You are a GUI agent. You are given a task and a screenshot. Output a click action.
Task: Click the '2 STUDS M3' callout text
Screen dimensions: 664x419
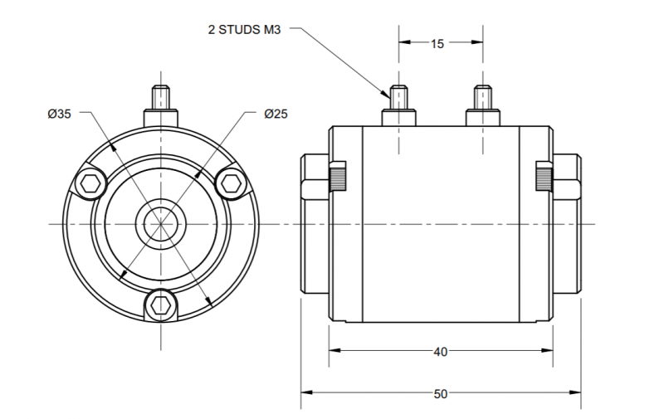[x=244, y=30]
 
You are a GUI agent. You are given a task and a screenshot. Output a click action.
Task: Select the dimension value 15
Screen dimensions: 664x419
[x=437, y=44]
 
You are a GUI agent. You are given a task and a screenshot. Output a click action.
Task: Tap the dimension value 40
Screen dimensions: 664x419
[x=441, y=352]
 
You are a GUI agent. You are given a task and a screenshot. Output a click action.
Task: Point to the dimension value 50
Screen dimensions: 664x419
[x=441, y=394]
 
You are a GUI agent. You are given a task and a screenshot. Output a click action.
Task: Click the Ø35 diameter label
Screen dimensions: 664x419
[x=59, y=114]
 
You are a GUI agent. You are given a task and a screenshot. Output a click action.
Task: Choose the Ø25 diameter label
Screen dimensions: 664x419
[x=276, y=114]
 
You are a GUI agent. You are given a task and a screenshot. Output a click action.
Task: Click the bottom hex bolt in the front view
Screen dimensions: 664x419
[x=161, y=305]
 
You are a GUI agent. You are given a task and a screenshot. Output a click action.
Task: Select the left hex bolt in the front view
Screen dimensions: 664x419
[x=90, y=184]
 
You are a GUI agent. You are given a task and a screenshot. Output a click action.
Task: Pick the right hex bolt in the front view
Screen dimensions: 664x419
[x=232, y=184]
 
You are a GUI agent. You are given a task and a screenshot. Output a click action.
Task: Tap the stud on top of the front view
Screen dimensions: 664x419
[x=161, y=106]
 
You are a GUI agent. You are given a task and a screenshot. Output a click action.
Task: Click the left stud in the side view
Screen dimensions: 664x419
[x=398, y=106]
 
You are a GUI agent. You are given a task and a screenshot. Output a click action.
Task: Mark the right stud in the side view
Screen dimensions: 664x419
[x=483, y=106]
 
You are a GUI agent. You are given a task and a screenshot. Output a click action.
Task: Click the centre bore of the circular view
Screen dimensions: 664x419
[x=161, y=224]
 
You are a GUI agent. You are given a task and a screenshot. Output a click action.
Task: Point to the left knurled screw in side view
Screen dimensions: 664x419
[x=338, y=176]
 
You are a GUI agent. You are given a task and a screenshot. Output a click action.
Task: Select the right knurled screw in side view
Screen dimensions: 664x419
[x=544, y=176]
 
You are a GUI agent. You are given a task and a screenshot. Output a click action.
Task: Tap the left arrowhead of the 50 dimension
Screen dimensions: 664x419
[x=305, y=392]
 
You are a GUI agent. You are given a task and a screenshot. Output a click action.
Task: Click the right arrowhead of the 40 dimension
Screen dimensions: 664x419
[x=548, y=350]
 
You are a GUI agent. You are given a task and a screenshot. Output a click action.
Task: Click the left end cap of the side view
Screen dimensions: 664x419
[x=315, y=223]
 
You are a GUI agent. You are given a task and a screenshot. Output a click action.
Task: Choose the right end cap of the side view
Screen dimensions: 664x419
[x=567, y=223]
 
